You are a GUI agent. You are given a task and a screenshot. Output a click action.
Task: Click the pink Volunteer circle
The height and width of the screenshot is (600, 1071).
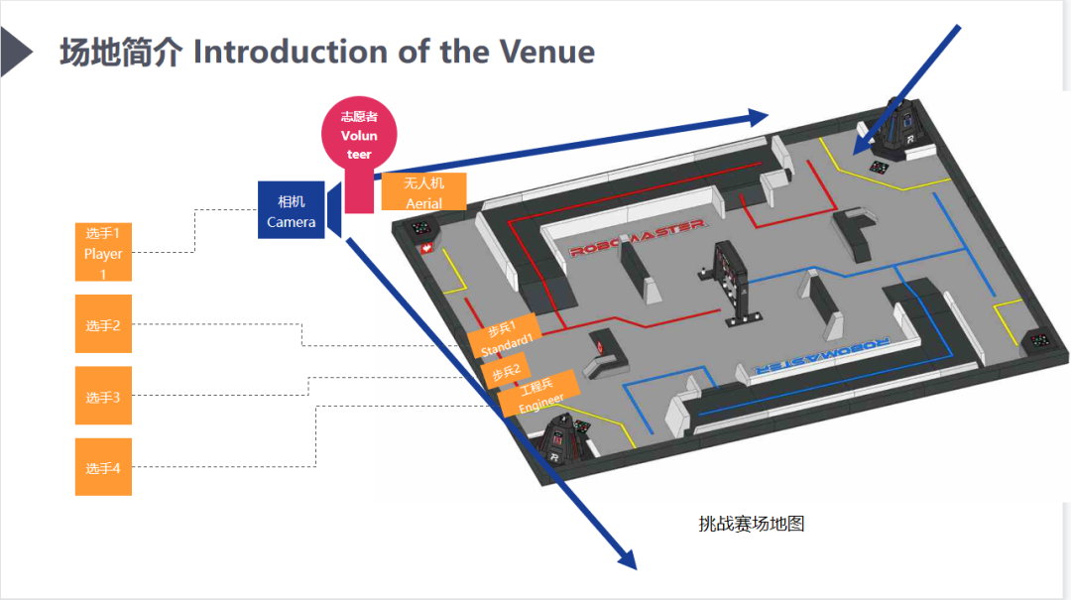(x=359, y=135)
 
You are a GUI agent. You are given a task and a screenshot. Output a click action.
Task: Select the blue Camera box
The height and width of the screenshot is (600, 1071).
(x=291, y=211)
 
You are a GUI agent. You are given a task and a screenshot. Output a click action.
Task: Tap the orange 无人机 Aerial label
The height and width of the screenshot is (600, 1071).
(x=423, y=192)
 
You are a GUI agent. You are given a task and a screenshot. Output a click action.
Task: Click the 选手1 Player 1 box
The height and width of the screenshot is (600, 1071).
(x=103, y=253)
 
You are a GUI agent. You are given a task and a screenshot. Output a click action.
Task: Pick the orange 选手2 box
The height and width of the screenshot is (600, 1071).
(x=103, y=324)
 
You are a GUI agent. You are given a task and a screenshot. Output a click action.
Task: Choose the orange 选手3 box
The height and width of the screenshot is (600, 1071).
(x=103, y=397)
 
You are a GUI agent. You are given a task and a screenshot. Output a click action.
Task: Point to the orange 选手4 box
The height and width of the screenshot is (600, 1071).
(x=103, y=467)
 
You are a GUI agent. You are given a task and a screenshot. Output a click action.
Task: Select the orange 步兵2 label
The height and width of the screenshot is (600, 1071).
(x=505, y=373)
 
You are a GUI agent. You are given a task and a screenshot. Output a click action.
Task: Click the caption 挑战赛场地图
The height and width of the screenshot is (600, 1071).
(x=751, y=523)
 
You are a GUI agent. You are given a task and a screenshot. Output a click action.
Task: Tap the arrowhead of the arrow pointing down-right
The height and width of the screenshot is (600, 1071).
(x=624, y=556)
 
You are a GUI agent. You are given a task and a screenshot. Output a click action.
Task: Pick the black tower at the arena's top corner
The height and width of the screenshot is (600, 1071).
(x=899, y=129)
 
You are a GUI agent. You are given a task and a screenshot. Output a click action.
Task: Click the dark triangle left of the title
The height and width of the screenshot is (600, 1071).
(x=15, y=52)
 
